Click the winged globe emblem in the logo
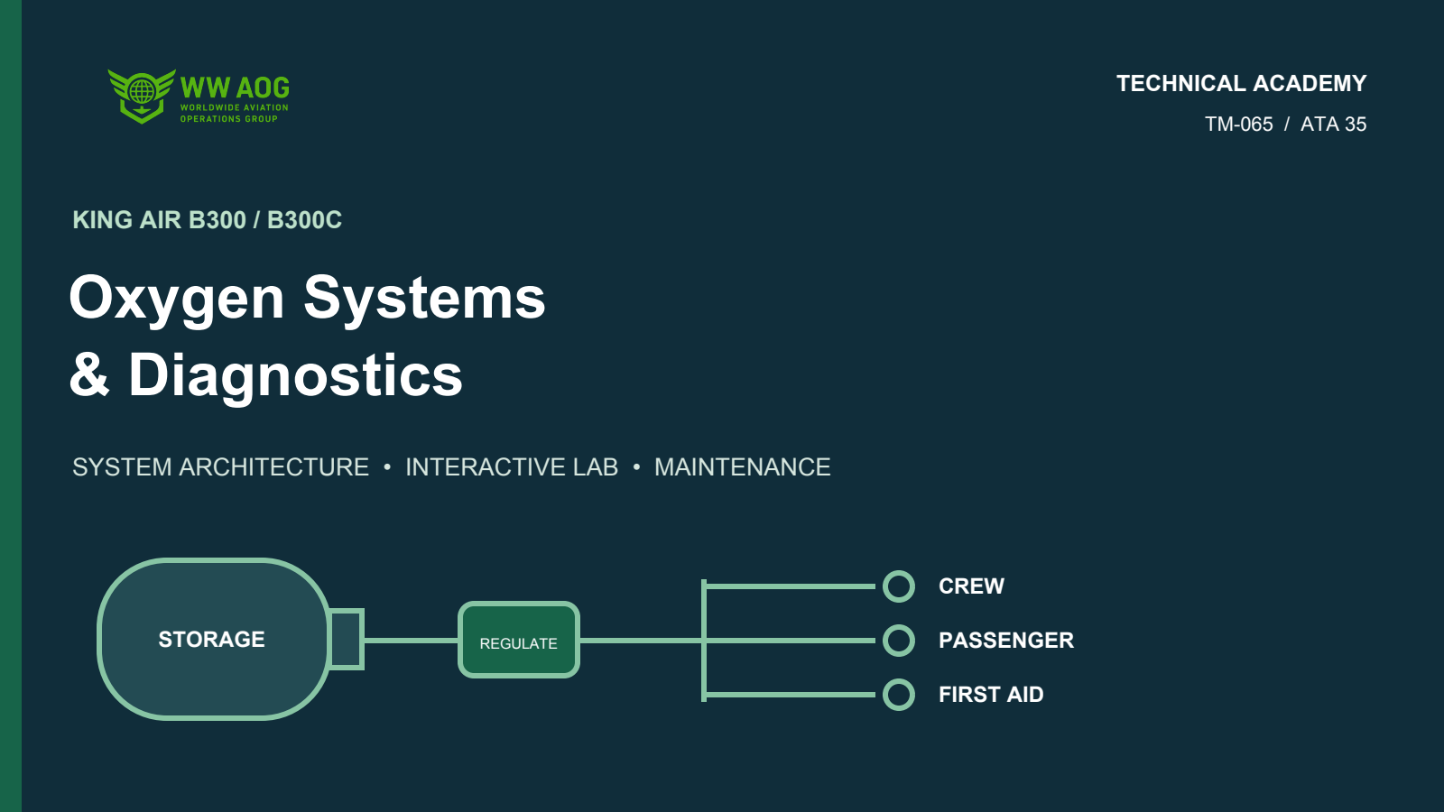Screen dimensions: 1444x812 [142, 96]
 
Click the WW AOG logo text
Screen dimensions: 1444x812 [235, 88]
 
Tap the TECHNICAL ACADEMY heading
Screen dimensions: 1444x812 [1241, 84]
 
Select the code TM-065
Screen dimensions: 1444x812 [1238, 124]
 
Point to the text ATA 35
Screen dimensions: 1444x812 [1333, 124]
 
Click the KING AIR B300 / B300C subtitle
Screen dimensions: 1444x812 [207, 220]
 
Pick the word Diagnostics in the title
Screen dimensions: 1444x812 [295, 376]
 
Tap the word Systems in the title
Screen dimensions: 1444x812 [424, 299]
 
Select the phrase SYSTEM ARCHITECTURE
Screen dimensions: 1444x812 [220, 467]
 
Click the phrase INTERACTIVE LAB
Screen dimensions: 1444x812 [512, 467]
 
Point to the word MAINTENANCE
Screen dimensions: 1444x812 [743, 467]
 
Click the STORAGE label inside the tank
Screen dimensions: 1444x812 [211, 640]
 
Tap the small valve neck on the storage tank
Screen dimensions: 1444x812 [347, 640]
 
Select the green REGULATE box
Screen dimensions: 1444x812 [519, 640]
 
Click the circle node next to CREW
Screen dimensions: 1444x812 [899, 572]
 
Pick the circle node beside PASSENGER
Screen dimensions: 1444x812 [899, 626]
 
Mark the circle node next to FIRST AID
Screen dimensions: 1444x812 [899, 680]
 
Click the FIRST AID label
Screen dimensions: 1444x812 [991, 695]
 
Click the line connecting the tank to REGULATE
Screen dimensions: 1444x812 [412, 641]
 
